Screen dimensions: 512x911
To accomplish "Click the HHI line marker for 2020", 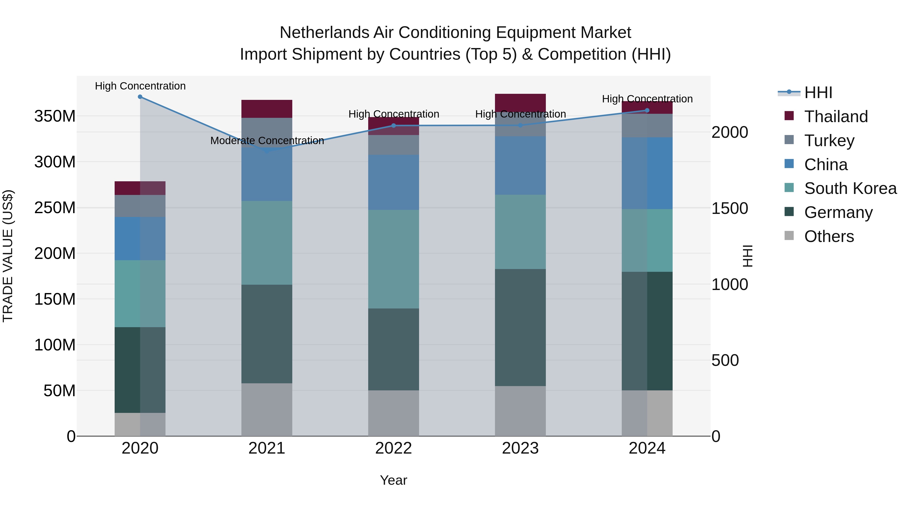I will (x=140, y=97).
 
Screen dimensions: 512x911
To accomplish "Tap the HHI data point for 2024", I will (x=647, y=110).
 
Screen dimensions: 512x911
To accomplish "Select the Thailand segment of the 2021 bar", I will (x=267, y=109).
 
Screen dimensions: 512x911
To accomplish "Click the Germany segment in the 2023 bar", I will (x=520, y=327).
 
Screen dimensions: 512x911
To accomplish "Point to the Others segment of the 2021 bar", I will (x=267, y=410).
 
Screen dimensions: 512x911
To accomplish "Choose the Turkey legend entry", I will (x=829, y=141).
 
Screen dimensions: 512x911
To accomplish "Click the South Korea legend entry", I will (x=850, y=188).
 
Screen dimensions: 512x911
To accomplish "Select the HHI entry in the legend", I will (x=818, y=93).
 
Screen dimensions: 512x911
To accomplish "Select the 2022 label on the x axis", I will (x=393, y=448).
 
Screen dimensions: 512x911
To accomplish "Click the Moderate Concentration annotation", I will (x=267, y=141).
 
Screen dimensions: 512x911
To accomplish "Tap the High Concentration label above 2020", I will (x=140, y=86).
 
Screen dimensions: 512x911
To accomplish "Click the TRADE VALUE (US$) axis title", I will (x=8, y=256).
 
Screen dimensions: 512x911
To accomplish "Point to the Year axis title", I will (x=393, y=480).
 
